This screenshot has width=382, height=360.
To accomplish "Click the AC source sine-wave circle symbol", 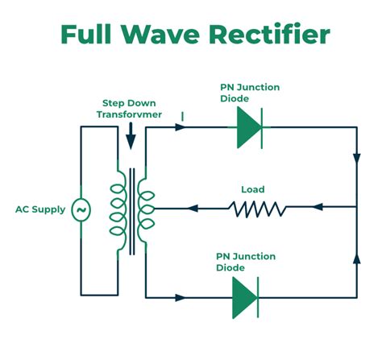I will point(81,210).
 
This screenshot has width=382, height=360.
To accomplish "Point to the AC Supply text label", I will point(39,209).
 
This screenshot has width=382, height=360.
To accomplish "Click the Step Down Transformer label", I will point(131,109).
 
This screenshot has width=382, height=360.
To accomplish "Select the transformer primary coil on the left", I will point(118,208).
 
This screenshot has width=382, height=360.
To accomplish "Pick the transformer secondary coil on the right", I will point(146,208).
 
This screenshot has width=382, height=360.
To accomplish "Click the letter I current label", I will point(182,117).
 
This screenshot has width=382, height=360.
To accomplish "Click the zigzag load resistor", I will point(257,209).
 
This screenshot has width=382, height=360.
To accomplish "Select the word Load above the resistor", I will point(253,190).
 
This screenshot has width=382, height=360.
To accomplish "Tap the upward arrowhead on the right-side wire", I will point(356,259).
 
